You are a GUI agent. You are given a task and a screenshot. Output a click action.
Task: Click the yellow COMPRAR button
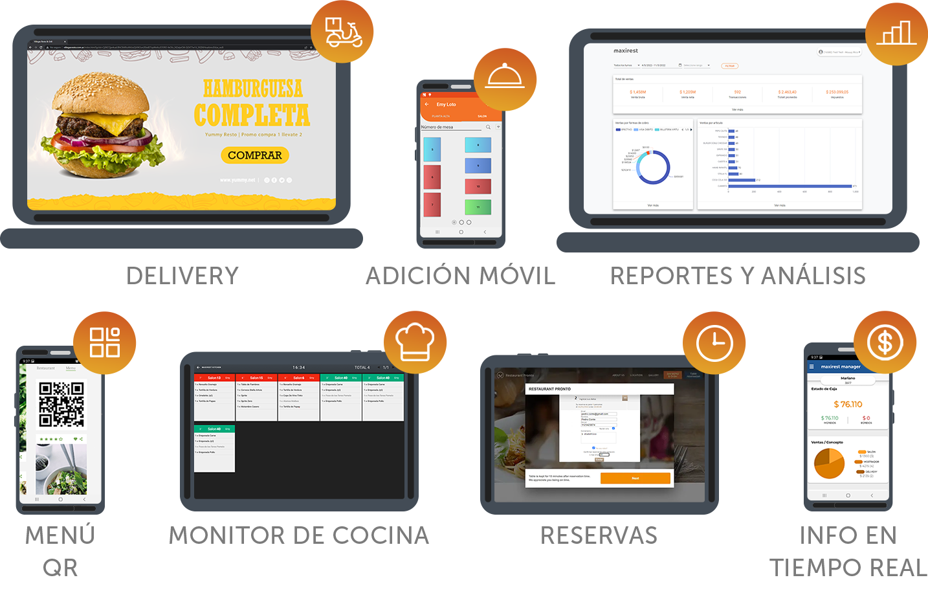coord(254,155)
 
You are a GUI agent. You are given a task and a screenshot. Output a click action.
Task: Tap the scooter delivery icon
coord(343,32)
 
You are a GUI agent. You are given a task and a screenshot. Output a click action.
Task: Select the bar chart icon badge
coord(896,32)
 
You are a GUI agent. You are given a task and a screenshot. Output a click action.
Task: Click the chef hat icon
coord(415,341)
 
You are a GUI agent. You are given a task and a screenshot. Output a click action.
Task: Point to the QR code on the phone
coord(61,405)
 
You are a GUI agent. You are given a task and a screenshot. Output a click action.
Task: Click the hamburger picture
coord(110,126)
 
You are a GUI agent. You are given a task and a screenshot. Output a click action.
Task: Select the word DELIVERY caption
coord(183,276)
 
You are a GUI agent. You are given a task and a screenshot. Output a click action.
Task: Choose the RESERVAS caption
coord(599,535)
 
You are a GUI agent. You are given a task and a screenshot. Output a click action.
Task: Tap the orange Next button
coord(635,478)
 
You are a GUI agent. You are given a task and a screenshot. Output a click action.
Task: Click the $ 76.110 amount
coord(848,404)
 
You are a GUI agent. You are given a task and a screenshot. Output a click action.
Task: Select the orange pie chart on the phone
coord(829,464)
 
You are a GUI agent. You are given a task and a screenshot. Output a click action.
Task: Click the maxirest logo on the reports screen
coord(626,50)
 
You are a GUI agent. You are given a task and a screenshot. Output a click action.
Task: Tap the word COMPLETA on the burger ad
coord(252,115)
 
